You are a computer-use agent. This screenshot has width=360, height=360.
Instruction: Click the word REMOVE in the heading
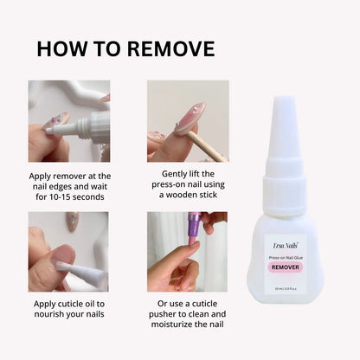click(170, 49)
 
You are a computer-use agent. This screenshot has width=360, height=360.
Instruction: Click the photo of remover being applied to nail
click(69, 121)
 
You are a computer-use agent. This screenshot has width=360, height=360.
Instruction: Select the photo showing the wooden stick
click(188, 121)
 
